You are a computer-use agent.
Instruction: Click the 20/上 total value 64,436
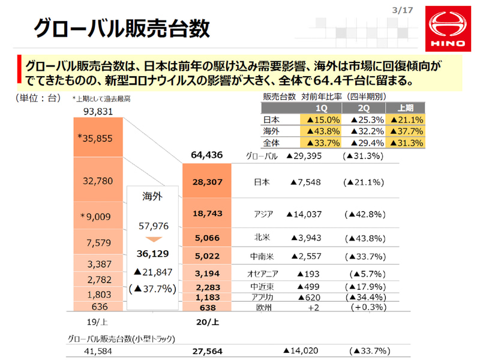pyautogui.click(x=207, y=155)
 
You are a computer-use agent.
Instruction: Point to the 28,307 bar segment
pyautogui.click(x=207, y=182)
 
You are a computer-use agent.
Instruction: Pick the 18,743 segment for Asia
pyautogui.click(x=207, y=214)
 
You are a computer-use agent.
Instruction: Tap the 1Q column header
pyautogui.click(x=321, y=107)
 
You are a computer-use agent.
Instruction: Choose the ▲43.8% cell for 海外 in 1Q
pyautogui.click(x=321, y=131)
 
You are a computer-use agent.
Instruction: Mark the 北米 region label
pyautogui.click(x=263, y=238)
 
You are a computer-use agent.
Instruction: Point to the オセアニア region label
pyautogui.click(x=262, y=274)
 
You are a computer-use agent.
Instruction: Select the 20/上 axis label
pyautogui.click(x=208, y=322)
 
